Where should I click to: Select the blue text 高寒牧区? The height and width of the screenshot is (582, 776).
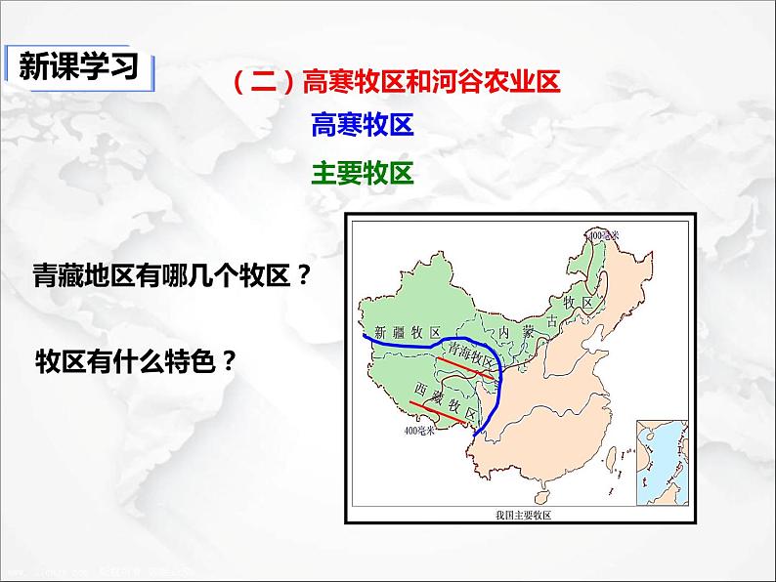363,125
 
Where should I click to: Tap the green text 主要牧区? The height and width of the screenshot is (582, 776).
363,173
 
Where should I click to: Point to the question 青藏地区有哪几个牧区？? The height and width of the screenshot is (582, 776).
171,276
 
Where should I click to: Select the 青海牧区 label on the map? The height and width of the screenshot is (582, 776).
468,354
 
